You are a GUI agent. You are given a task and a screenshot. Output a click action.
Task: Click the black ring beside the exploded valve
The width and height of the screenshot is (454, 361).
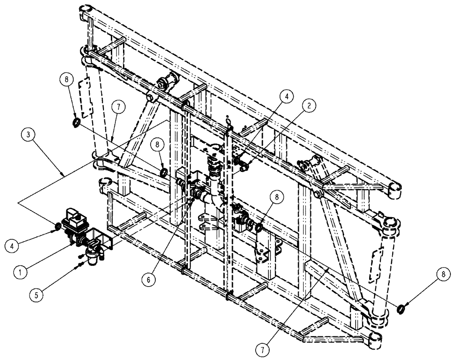click(58, 226)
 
